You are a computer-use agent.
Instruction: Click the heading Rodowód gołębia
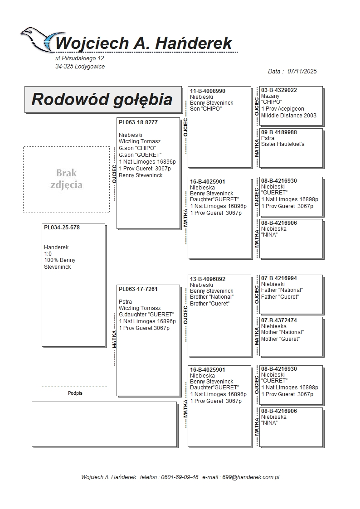pyautogui.click(x=102, y=99)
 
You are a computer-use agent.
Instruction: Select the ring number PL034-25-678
pyautogui.click(x=62, y=228)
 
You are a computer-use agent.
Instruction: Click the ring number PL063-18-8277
pyautogui.click(x=138, y=122)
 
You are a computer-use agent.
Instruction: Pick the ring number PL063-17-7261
pyautogui.click(x=138, y=289)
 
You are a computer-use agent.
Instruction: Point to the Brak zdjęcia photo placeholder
pyautogui.click(x=66, y=179)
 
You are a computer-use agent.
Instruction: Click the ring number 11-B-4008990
pyautogui.click(x=208, y=91)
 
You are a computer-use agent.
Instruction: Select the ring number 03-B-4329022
pyautogui.click(x=279, y=90)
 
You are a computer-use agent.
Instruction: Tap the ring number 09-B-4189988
pyautogui.click(x=279, y=132)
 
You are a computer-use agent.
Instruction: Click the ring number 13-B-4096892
pyautogui.click(x=208, y=279)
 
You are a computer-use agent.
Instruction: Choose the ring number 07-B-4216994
pyautogui.click(x=279, y=278)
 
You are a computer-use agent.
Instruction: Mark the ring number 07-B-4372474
pyautogui.click(x=279, y=320)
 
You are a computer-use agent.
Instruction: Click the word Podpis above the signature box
pyautogui.click(x=75, y=393)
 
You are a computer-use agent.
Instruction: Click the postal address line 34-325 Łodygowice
pyautogui.click(x=80, y=67)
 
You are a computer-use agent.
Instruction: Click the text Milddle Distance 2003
pyautogui.click(x=289, y=116)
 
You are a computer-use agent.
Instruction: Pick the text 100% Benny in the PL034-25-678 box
pyautogui.click(x=60, y=260)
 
